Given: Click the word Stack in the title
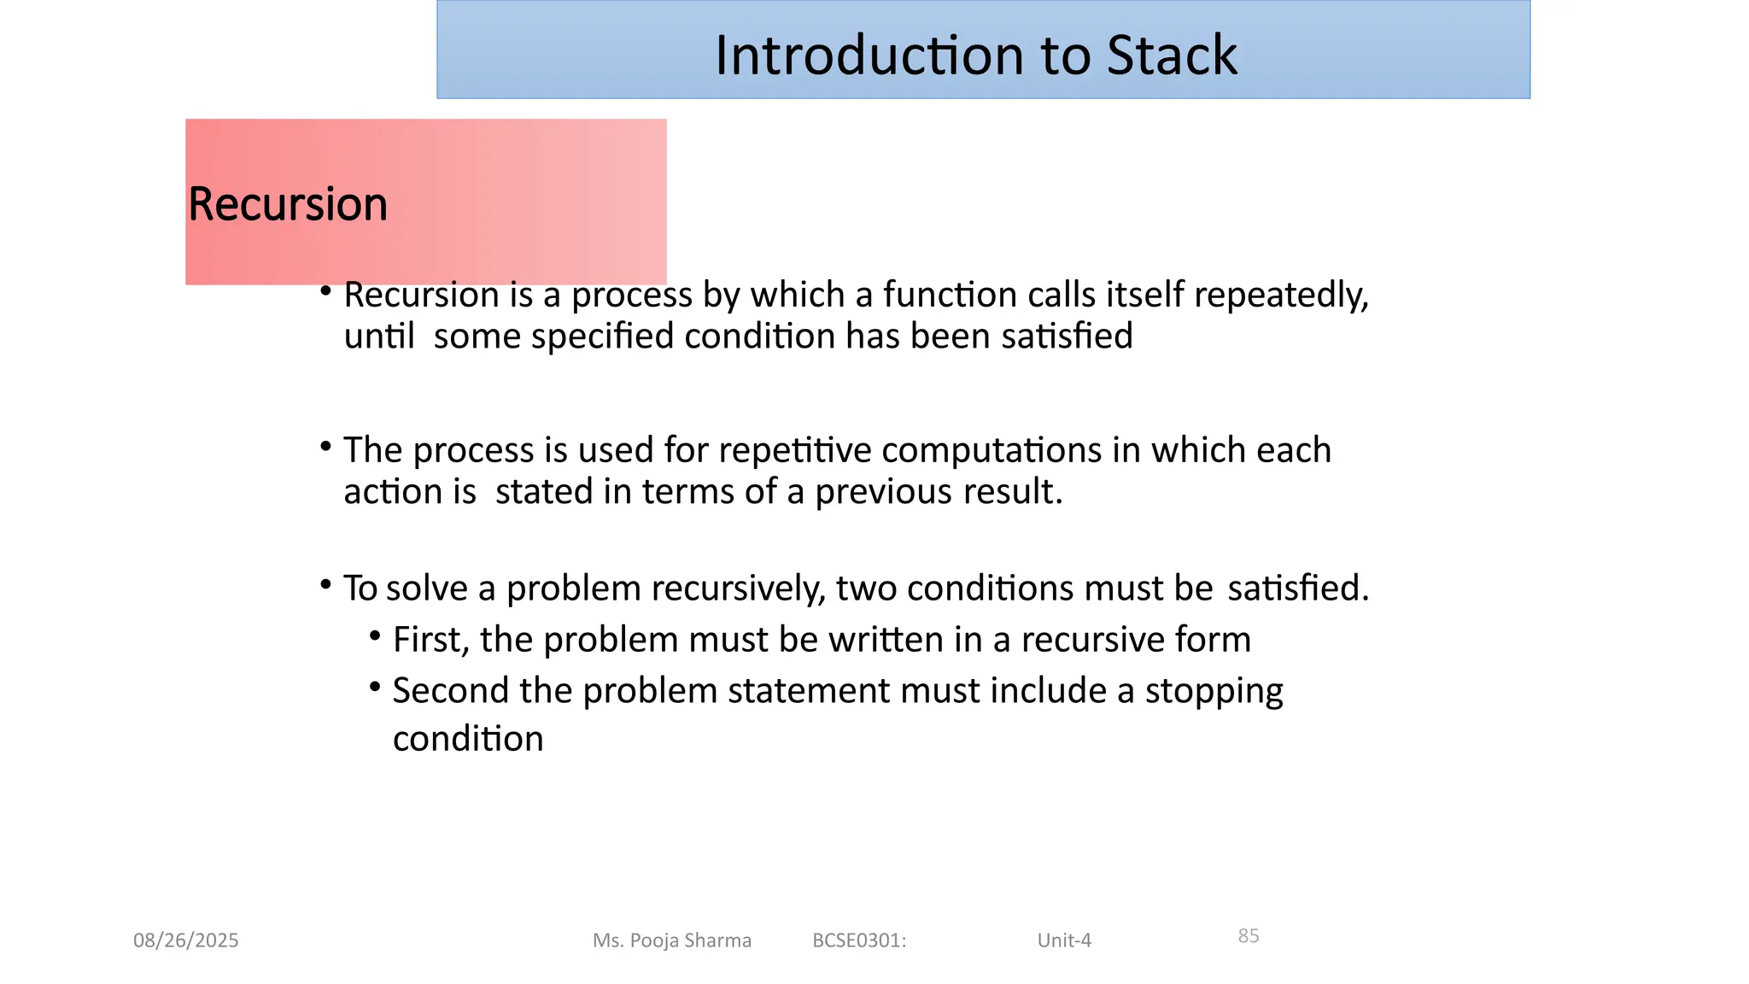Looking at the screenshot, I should point(1171,56).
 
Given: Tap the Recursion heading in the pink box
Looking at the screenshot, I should point(288,204).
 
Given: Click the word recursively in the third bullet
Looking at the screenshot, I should point(738,589).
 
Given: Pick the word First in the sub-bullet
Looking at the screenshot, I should point(430,640).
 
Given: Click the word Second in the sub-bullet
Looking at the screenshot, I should point(450,691).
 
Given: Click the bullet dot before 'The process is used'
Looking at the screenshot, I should point(325,446).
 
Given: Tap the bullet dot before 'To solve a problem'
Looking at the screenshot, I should point(325,584).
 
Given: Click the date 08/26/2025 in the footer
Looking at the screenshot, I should point(185,940).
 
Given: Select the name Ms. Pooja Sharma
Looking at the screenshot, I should point(672,940).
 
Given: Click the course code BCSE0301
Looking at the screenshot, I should point(858,940).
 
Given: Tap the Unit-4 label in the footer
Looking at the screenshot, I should point(1064,940).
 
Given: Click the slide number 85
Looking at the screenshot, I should point(1248,936).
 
